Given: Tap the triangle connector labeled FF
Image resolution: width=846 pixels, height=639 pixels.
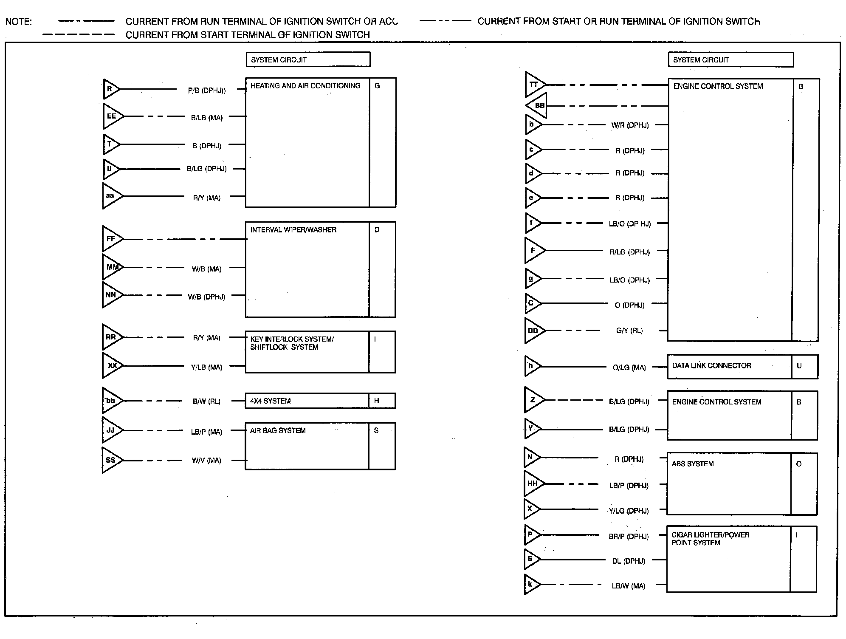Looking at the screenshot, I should (111, 239).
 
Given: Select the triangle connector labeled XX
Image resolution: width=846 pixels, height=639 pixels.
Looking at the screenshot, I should (111, 365).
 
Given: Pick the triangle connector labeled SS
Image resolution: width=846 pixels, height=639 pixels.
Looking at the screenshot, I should (111, 460).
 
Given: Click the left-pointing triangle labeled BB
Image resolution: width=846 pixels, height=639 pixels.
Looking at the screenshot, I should (538, 105).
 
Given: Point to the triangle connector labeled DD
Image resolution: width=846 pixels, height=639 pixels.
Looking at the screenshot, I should (533, 331).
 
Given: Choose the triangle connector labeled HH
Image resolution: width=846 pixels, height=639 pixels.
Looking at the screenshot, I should (533, 483).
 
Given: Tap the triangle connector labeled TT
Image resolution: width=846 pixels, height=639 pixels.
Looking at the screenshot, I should (534, 85).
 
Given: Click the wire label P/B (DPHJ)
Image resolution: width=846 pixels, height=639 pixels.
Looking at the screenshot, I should (207, 90).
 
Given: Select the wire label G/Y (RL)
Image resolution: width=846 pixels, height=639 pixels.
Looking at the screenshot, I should (629, 331).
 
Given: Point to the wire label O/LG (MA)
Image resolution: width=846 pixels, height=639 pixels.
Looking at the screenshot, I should (629, 368).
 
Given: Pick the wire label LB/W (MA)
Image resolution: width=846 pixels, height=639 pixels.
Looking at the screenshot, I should (629, 586).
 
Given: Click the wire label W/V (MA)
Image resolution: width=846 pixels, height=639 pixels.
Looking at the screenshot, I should (206, 460).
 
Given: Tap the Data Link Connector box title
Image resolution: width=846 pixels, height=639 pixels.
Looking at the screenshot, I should (711, 365).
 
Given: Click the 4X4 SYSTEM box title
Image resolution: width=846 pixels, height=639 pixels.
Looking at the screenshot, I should (271, 401).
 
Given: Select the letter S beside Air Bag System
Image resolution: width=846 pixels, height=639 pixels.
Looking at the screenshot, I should (376, 430).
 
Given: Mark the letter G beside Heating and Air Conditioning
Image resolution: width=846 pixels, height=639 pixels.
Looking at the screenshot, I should (377, 86).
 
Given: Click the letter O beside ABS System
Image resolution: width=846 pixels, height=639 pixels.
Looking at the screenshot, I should (799, 464).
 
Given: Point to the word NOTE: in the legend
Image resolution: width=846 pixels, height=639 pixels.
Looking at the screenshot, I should (18, 21).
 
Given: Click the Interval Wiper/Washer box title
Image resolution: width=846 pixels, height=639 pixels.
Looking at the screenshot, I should (293, 230).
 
